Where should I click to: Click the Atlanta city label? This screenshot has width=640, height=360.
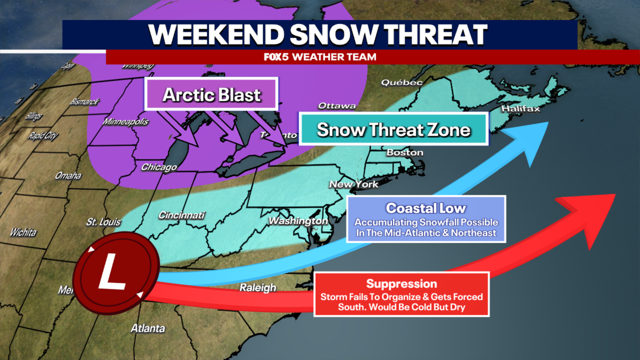[147, 328]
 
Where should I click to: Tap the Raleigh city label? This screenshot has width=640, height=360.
[257, 287]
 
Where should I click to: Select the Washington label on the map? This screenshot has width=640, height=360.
[298, 220]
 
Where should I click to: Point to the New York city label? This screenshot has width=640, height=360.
[353, 184]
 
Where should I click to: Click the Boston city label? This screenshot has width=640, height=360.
[404, 152]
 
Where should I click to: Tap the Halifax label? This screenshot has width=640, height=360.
[521, 108]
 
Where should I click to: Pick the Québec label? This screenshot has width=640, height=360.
[401, 82]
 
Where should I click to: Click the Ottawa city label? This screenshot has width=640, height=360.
[337, 105]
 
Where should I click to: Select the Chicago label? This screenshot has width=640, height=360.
[159, 167]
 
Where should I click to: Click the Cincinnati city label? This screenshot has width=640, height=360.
[181, 215]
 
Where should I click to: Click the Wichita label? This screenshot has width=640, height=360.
[23, 232]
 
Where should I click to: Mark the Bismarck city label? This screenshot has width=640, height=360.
[84, 101]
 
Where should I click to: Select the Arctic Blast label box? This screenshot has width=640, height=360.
[211, 94]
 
